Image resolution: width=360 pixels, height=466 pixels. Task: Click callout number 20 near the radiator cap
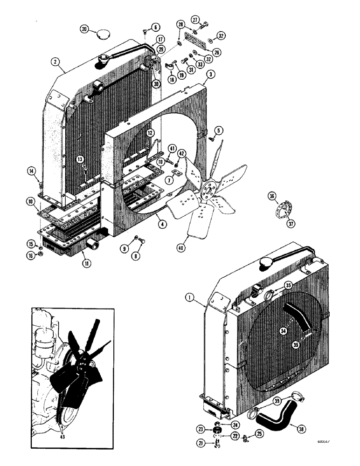(x=84, y=29)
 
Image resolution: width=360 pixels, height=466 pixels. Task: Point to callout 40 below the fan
(x=180, y=248)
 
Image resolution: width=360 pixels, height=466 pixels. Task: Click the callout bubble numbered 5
(x=217, y=130)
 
